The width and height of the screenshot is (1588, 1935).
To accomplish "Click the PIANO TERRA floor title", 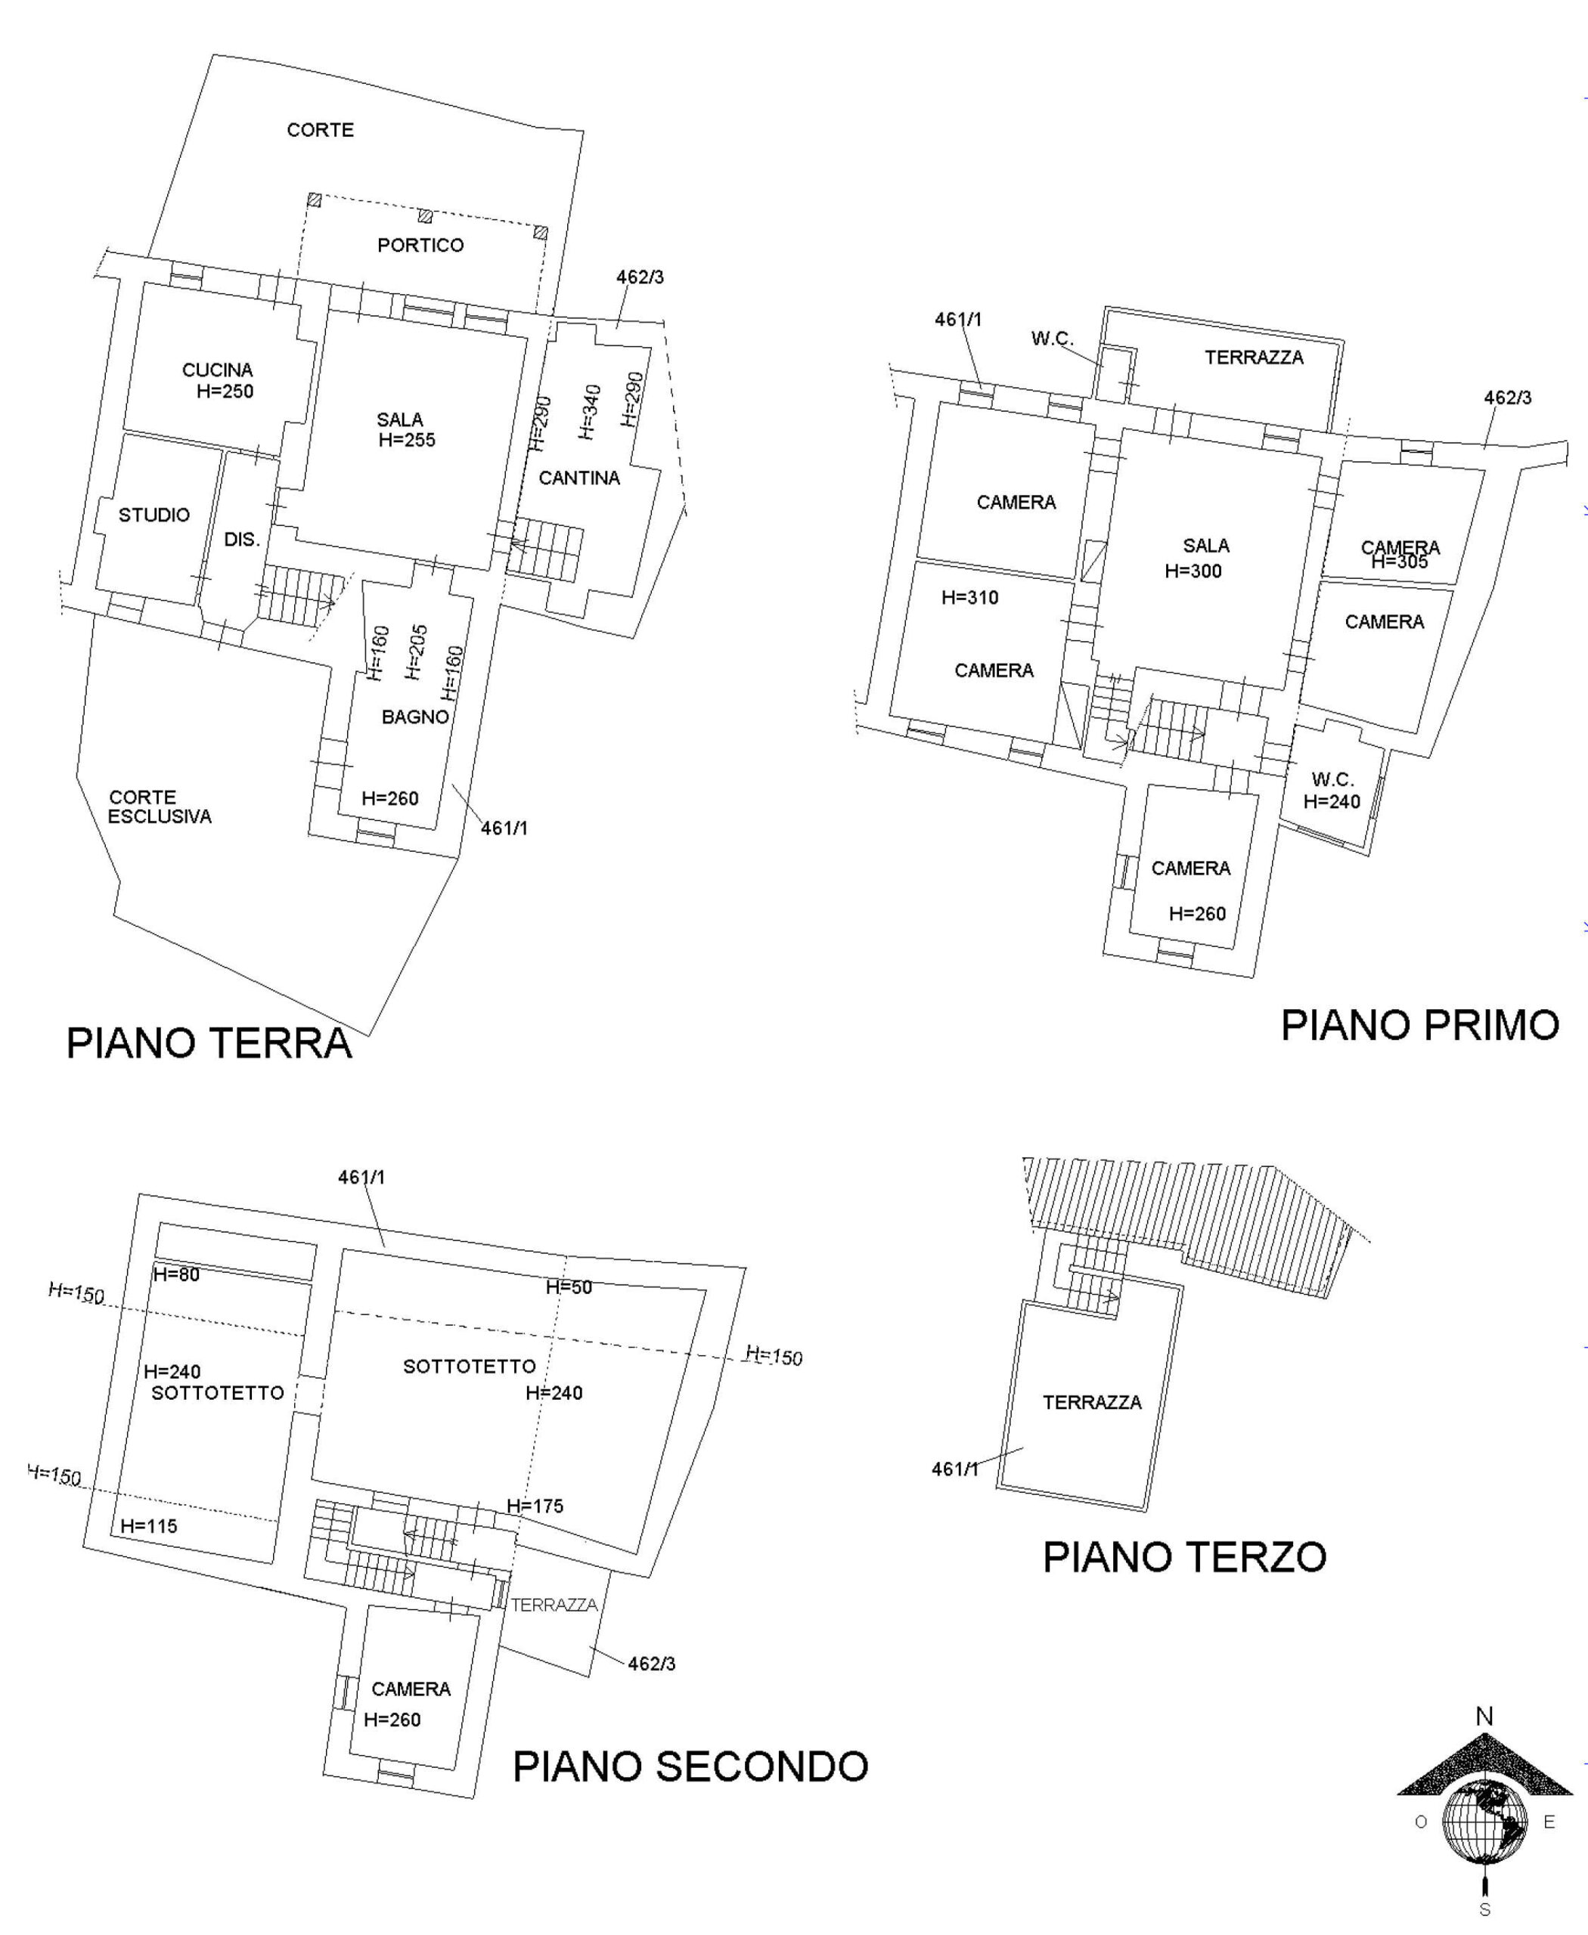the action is click(209, 1042).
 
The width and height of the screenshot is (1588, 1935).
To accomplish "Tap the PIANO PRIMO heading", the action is click(1419, 1025).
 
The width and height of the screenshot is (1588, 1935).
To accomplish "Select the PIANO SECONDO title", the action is click(690, 1766).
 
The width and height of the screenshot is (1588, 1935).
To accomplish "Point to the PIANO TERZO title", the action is click(1185, 1556).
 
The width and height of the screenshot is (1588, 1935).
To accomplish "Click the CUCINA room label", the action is click(218, 370).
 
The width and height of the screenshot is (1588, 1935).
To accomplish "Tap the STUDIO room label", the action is click(154, 515).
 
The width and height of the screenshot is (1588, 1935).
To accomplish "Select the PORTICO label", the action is click(420, 245).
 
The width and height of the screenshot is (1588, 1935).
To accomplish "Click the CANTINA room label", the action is click(579, 478).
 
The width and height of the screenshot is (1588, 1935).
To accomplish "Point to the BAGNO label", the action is click(415, 717).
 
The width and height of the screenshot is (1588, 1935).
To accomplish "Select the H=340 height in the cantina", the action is click(590, 411).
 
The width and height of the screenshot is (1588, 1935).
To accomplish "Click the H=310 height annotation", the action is click(969, 598).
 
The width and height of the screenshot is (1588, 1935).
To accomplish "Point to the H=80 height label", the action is click(176, 1275).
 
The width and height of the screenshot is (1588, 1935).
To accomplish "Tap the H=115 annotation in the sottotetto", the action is click(149, 1525).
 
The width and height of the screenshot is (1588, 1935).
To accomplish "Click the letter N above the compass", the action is click(1484, 1717).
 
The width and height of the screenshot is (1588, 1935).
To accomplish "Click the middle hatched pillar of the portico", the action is click(425, 217).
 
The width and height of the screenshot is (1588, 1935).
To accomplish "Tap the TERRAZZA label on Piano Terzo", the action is click(1092, 1402).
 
